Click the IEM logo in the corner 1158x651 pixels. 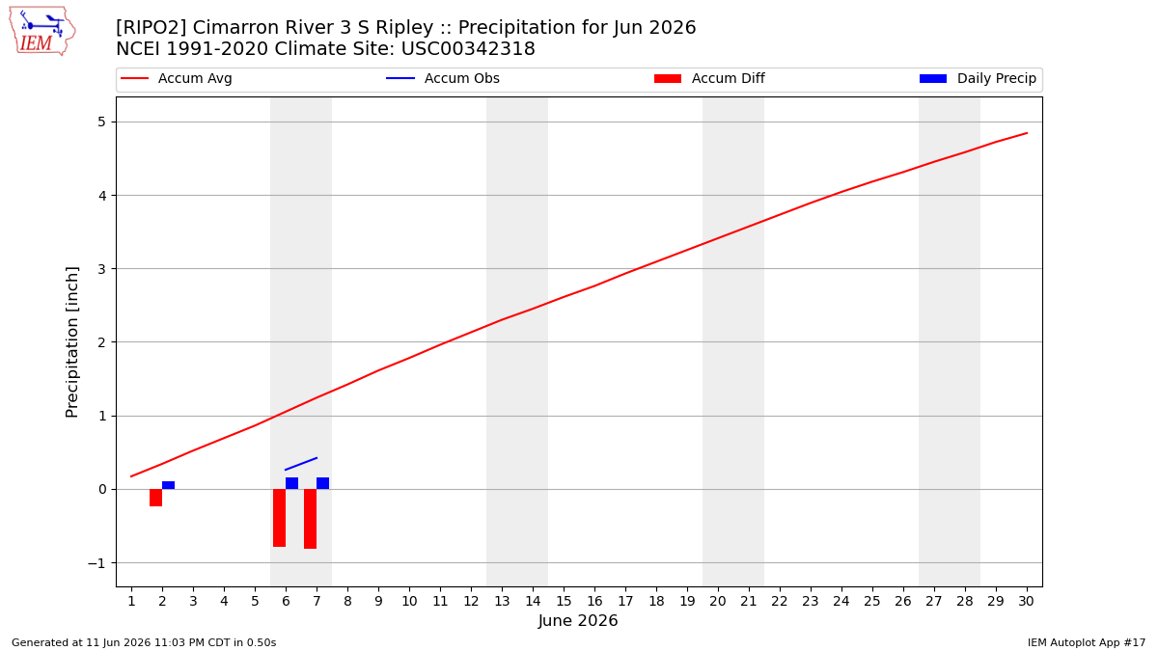[x=42, y=32]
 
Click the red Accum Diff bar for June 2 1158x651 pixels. [x=155, y=498]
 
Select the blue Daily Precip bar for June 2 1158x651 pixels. [x=169, y=485]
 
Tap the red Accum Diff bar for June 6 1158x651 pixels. [x=279, y=518]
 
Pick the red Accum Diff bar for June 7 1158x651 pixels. [x=310, y=519]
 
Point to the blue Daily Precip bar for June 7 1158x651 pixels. [x=322, y=483]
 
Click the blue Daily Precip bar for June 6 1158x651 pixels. [x=292, y=483]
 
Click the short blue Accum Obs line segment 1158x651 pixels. [x=301, y=464]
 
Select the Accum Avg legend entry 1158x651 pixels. [x=177, y=78]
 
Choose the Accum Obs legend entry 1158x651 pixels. [x=443, y=78]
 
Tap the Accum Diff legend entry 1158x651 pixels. [x=709, y=78]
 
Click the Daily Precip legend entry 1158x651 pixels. [x=979, y=78]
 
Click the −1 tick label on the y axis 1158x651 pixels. [x=96, y=563]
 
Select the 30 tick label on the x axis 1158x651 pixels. [x=1026, y=601]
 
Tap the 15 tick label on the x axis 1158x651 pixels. [x=564, y=601]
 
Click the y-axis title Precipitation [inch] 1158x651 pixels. [x=71, y=342]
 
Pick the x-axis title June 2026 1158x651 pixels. [x=578, y=620]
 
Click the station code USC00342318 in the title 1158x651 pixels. [x=468, y=49]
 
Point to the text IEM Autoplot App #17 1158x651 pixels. [x=1087, y=642]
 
